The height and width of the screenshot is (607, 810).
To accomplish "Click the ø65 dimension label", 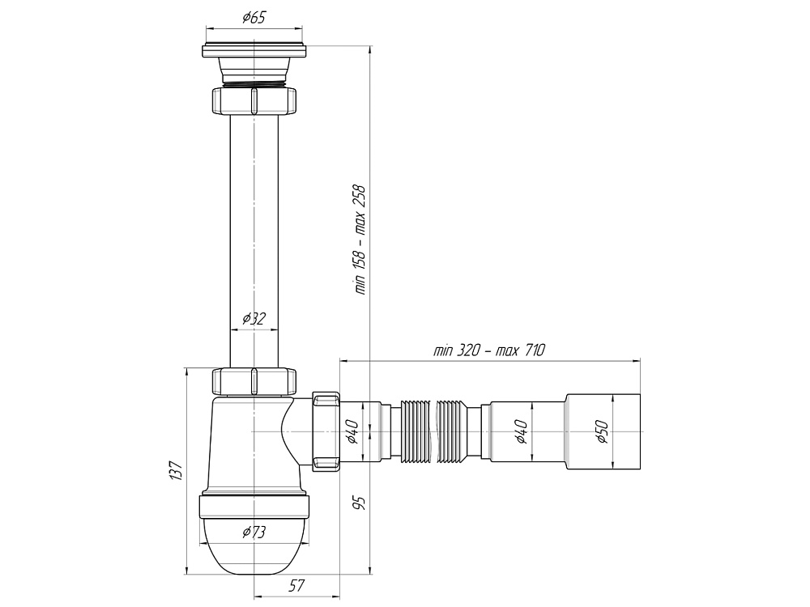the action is click(254, 18).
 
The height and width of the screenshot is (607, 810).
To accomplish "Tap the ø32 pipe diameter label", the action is click(254, 318).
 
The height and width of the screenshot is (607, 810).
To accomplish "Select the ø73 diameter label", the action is click(254, 532).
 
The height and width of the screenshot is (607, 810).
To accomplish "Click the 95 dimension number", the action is click(360, 503).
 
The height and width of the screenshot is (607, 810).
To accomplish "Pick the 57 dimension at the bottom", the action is click(296, 585).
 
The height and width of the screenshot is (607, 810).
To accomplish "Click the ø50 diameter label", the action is click(602, 431).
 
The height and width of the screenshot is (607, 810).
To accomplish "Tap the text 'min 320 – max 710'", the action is click(489, 350).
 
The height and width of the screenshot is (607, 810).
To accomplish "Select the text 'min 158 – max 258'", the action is click(360, 240).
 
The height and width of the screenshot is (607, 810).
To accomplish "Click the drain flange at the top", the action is click(254, 50).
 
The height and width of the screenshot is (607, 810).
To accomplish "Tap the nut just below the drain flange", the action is click(254, 100).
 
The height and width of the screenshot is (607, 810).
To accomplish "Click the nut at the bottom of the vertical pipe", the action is click(254, 382).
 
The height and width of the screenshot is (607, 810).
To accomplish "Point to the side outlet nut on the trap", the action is click(326, 431).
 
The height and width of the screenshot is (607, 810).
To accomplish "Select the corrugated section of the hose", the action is click(434, 431).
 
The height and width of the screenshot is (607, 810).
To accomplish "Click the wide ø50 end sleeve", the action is click(603, 431).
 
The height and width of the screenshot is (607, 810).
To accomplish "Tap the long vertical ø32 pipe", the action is click(254, 241).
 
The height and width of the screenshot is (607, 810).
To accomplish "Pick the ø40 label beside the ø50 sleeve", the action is click(520, 431).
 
